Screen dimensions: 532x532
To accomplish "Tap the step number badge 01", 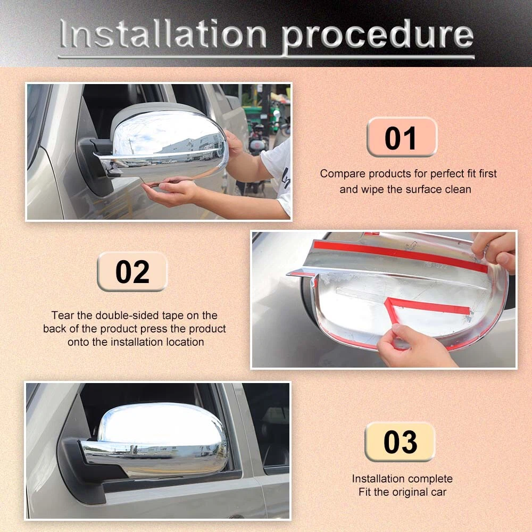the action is click(x=402, y=137).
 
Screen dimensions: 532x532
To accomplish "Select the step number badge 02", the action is click(x=132, y=271).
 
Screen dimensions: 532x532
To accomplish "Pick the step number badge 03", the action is click(x=400, y=442).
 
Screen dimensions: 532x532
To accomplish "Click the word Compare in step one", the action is click(x=343, y=174).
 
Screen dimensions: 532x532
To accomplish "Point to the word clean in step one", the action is click(x=458, y=189).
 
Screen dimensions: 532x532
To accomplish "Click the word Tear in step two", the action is click(x=63, y=315).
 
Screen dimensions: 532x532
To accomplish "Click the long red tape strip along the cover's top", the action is click(x=401, y=255).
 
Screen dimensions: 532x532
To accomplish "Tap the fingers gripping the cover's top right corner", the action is click(x=496, y=251).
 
